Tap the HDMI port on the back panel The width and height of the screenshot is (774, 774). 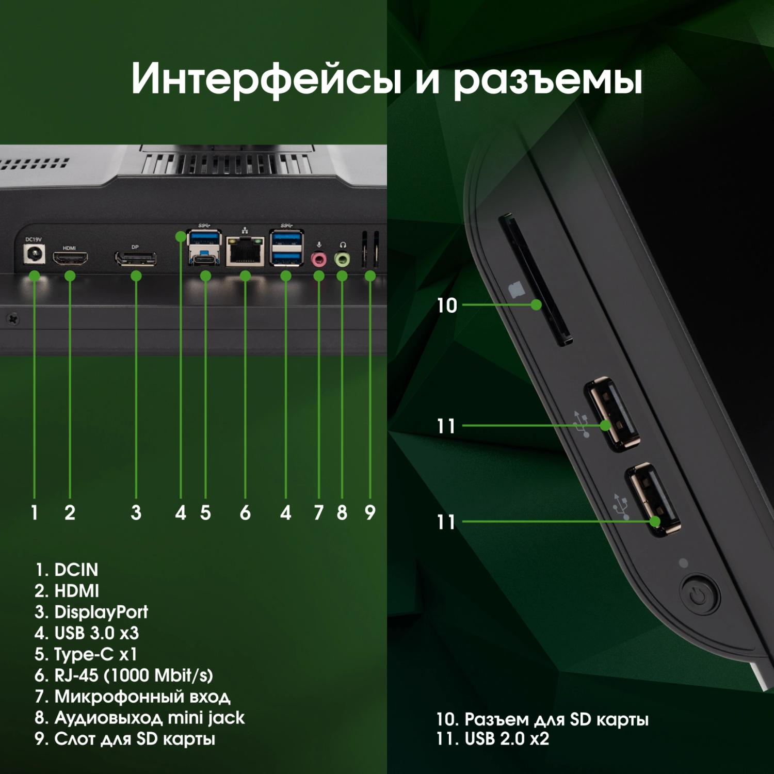[70, 258]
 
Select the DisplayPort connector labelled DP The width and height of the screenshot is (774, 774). [135, 259]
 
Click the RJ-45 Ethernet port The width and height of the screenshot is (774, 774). [245, 252]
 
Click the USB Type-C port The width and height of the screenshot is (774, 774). [205, 260]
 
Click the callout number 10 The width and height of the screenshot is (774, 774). [447, 305]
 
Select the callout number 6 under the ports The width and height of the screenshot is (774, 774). [245, 512]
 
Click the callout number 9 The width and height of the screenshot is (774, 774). [370, 512]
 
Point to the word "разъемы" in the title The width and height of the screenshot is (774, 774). [548, 80]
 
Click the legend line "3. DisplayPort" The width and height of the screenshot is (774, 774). [91, 612]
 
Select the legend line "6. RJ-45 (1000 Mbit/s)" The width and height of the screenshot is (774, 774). [124, 675]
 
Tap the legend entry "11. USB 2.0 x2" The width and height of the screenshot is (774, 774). [493, 738]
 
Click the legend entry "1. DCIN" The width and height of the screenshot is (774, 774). [67, 570]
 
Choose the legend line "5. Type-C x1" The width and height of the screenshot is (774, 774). [86, 654]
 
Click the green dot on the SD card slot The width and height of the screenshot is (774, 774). [536, 305]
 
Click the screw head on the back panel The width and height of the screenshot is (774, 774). [12, 319]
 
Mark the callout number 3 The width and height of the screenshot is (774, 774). [136, 512]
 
